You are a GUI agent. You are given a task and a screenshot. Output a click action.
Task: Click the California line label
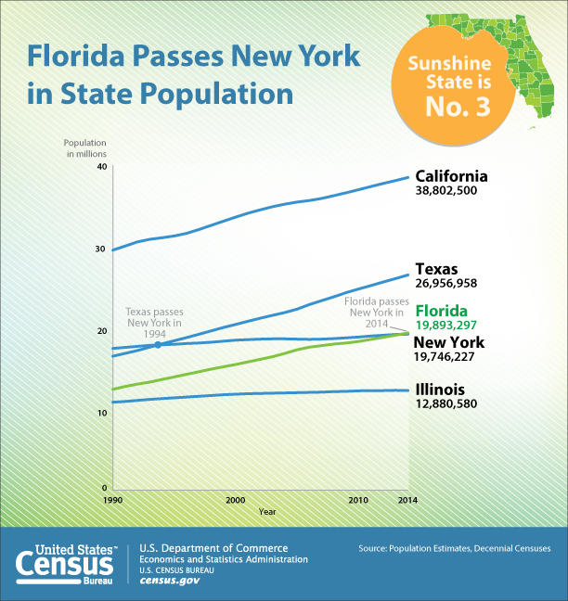[x=451, y=176]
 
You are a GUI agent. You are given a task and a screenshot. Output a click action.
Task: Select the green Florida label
[x=441, y=311]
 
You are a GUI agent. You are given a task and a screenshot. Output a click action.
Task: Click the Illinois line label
[x=439, y=390]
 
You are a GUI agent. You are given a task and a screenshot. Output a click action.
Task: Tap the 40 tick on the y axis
[x=102, y=166]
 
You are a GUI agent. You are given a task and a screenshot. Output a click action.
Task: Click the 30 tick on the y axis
[x=102, y=249]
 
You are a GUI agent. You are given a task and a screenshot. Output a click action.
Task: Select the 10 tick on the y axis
[x=102, y=412]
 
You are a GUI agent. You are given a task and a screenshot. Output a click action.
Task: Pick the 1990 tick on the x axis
[x=112, y=500]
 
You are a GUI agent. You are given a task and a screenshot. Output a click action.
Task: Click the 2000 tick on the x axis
[x=235, y=500]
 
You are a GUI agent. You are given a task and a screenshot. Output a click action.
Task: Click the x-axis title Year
[x=267, y=512]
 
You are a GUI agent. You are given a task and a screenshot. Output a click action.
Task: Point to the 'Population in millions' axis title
[x=85, y=147]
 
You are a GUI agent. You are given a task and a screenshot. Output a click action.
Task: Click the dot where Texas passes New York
[x=158, y=345]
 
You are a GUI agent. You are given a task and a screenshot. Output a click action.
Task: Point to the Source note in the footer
[x=454, y=549]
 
